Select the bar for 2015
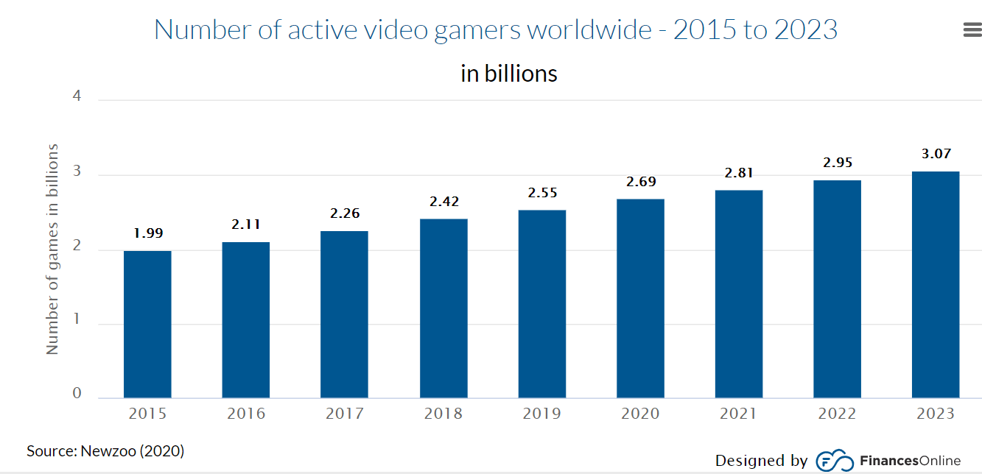point(147,324)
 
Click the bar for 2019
point(542,304)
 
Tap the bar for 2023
point(936,285)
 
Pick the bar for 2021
point(739,294)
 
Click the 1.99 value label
point(148,233)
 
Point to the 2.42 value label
point(444,202)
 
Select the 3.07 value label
point(936,154)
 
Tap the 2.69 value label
point(641,181)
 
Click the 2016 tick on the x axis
point(246,414)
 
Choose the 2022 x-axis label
point(837,414)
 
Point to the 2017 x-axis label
point(345,414)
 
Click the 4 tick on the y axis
point(77,96)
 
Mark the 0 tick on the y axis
point(77,393)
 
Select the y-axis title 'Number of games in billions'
point(52,249)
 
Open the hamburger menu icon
point(972,29)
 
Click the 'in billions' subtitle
point(509,74)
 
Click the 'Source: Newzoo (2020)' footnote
point(105,450)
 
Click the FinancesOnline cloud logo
point(835,461)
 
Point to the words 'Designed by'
point(762,461)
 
